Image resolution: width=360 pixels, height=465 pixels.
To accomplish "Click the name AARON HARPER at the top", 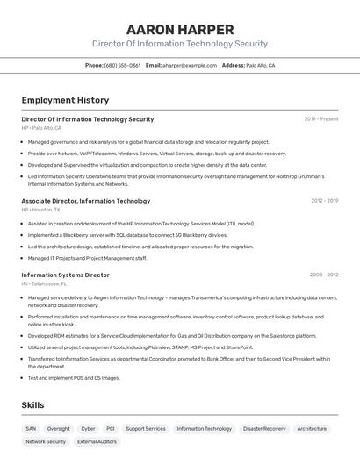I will pyautogui.click(x=180, y=30).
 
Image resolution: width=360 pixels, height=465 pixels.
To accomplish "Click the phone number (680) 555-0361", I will pyautogui.click(x=122, y=66).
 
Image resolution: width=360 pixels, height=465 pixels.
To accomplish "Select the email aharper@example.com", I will pyautogui.click(x=190, y=66).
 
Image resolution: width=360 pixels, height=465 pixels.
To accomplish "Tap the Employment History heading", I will pyautogui.click(x=65, y=100).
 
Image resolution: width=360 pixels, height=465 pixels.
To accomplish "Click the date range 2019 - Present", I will pyautogui.click(x=321, y=119).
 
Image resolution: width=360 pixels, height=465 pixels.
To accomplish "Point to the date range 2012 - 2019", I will pyautogui.click(x=324, y=201).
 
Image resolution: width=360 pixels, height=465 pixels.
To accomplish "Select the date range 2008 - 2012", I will pyautogui.click(x=324, y=275).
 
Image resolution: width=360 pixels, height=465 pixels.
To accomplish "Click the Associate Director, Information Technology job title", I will pyautogui.click(x=85, y=201).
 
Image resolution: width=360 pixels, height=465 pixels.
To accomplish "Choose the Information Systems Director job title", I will pyautogui.click(x=65, y=275).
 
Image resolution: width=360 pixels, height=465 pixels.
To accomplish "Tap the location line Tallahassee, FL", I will pyautogui.click(x=45, y=283).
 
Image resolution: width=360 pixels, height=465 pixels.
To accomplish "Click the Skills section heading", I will pyautogui.click(x=32, y=405).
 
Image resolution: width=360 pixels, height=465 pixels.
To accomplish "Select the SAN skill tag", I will pyautogui.click(x=31, y=429).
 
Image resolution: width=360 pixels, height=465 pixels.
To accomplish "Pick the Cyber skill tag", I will pyautogui.click(x=88, y=429).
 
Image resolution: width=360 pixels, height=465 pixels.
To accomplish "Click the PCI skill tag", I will pyautogui.click(x=111, y=429).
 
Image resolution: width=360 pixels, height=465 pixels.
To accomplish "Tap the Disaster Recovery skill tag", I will pyautogui.click(x=264, y=429).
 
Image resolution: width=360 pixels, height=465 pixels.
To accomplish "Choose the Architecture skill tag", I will pyautogui.click(x=312, y=429).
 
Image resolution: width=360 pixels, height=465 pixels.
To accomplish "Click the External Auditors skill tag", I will pyautogui.click(x=97, y=442).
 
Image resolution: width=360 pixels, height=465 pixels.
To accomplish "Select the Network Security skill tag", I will pyautogui.click(x=46, y=442).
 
